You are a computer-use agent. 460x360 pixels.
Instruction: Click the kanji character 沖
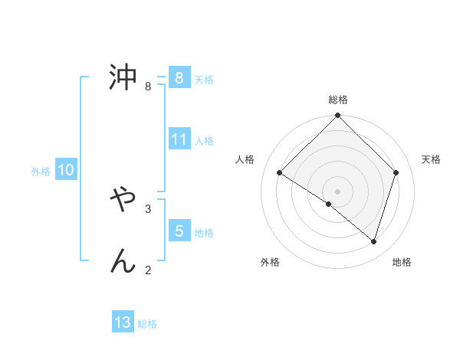pos(123,77)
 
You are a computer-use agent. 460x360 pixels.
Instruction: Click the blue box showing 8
pos(179,78)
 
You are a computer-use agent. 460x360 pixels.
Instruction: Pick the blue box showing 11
pos(179,140)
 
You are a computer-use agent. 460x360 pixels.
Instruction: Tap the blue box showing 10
pos(66,171)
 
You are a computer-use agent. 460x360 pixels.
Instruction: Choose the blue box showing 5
pos(179,231)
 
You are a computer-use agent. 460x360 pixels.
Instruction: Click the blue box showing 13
pos(123,323)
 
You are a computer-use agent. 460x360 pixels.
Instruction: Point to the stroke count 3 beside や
pos(148,208)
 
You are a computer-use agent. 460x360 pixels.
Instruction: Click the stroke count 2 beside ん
pos(148,269)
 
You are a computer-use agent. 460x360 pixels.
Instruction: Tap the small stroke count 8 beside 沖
pos(148,86)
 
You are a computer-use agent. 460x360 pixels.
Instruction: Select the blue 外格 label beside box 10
pos(41,172)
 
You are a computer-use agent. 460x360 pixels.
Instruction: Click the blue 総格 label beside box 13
pos(147,324)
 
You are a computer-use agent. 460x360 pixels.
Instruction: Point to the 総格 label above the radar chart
pos(338,100)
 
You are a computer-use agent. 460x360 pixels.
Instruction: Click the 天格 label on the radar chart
pos(431,159)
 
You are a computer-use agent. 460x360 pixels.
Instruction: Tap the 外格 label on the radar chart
pos(270,262)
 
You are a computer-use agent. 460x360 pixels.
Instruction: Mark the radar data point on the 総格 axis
pos(338,116)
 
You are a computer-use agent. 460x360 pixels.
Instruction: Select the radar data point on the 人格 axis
pos(280,173)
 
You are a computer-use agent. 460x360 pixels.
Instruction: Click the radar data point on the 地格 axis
pos(373,242)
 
